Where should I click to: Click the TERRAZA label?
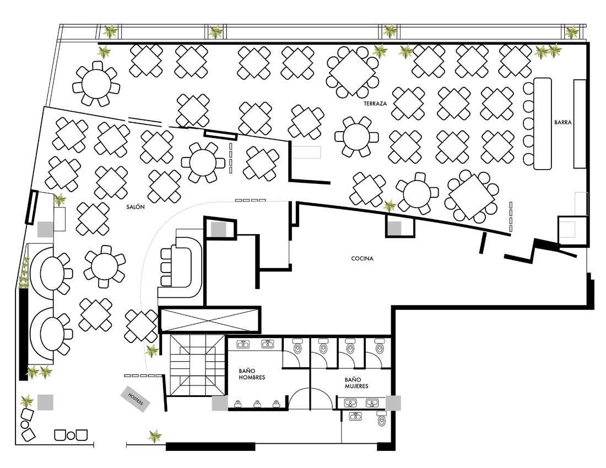click(375, 104)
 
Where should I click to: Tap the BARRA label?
click(562, 122)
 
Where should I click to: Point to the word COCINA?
click(362, 258)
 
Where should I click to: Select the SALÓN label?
click(136, 207)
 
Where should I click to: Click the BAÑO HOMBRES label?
click(252, 374)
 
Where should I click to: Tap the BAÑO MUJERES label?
click(356, 383)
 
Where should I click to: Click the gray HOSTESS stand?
click(136, 399)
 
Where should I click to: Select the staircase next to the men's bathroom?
click(197, 365)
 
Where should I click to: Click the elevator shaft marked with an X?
click(209, 320)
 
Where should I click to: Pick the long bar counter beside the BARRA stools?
click(543, 123)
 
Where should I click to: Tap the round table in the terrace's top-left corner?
click(96, 84)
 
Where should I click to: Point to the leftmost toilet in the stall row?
click(297, 347)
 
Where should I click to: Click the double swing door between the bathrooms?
click(310, 399)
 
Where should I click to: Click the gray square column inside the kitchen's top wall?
click(394, 228)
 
